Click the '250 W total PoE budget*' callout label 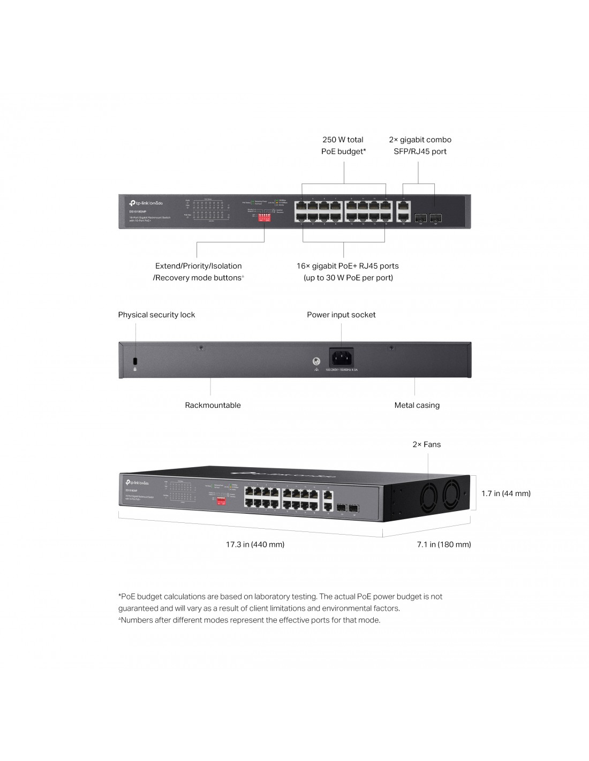click(x=343, y=146)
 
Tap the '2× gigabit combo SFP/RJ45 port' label click(x=420, y=146)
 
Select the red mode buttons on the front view click(x=265, y=218)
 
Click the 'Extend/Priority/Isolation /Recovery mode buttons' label click(x=198, y=272)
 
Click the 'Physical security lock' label click(x=156, y=315)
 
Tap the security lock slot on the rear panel click(x=135, y=360)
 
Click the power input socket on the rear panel click(x=341, y=357)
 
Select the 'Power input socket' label click(x=341, y=315)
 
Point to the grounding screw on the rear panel click(x=316, y=362)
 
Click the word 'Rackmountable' click(x=213, y=405)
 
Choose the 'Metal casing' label click(x=417, y=405)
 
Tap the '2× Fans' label click(x=426, y=444)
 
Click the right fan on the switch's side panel click(x=457, y=493)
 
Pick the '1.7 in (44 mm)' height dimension click(x=505, y=493)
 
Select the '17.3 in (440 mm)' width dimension click(x=255, y=544)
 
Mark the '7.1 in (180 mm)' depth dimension click(x=444, y=544)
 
